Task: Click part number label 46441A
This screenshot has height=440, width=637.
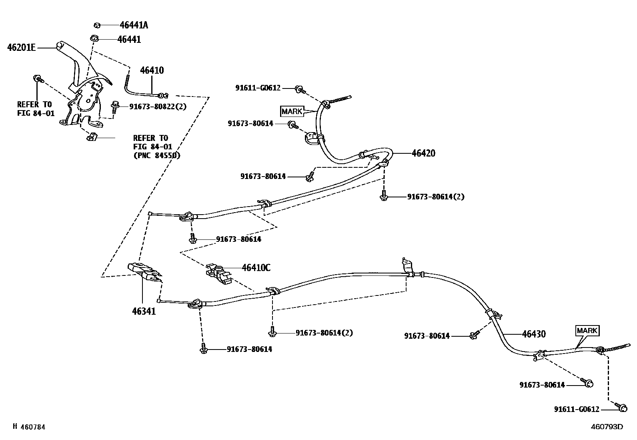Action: click(x=134, y=25)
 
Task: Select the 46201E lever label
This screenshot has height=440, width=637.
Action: click(x=21, y=48)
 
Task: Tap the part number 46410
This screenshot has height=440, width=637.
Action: click(x=152, y=70)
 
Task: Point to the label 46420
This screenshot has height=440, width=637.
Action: click(x=423, y=153)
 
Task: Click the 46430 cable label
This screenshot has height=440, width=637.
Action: click(x=533, y=334)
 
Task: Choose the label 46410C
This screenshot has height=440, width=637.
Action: click(x=256, y=267)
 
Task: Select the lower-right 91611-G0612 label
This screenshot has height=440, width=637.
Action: click(x=577, y=409)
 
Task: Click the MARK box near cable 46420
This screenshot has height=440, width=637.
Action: click(x=292, y=111)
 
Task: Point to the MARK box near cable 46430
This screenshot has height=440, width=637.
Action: click(x=587, y=330)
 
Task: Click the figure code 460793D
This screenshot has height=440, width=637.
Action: click(x=607, y=426)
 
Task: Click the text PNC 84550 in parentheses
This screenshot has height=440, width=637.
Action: click(x=156, y=155)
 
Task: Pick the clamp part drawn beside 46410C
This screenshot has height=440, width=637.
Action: click(x=218, y=273)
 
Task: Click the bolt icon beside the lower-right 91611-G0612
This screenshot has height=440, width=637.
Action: click(x=621, y=408)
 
